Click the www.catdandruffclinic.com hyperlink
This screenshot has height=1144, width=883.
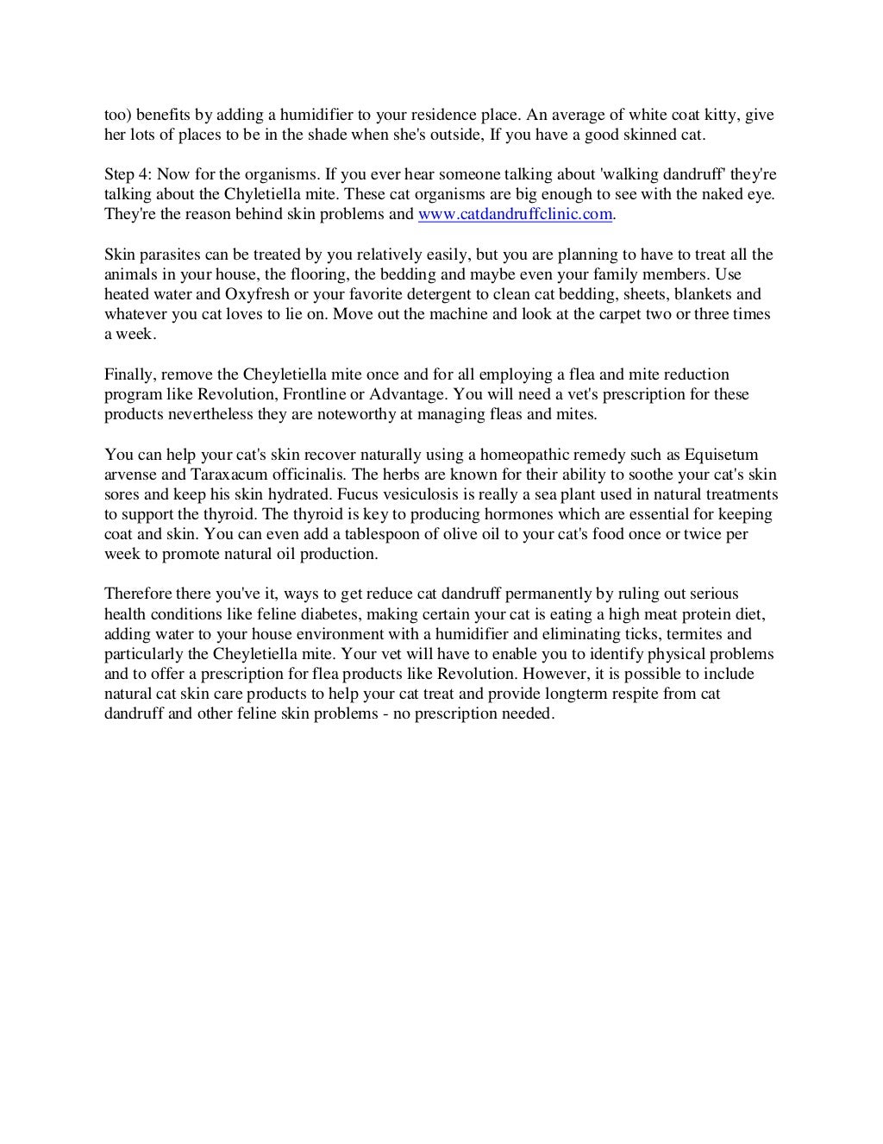[515, 214]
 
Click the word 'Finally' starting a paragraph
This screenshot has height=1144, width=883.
[129, 374]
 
